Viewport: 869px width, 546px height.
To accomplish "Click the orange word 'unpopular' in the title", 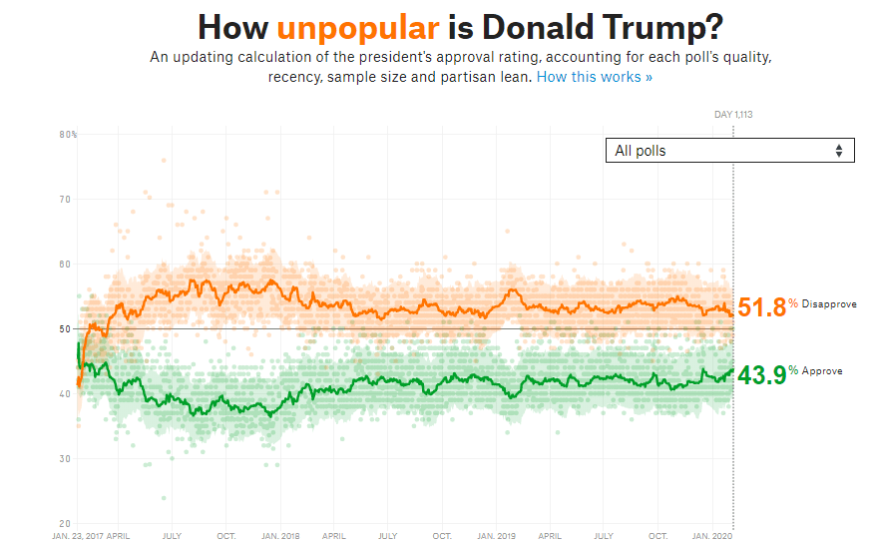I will point(357,27).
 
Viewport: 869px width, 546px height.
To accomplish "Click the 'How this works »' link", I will point(595,77).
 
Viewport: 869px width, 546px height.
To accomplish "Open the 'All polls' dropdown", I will point(729,151).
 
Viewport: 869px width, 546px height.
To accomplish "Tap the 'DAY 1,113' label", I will point(733,115).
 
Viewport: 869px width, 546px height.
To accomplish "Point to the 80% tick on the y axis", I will point(68,135).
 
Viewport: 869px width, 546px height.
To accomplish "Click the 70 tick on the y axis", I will point(66,200).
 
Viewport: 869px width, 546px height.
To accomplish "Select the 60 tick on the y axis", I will point(66,265).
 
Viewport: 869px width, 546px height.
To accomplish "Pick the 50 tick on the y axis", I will point(66,329).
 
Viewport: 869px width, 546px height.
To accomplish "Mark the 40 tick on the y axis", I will point(66,394).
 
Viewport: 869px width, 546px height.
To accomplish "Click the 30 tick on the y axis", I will point(66,459).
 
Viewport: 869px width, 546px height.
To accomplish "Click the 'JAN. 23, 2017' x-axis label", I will point(77,536).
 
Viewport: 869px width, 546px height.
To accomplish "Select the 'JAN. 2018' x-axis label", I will point(281,536).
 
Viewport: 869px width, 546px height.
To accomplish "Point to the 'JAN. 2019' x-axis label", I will point(498,536).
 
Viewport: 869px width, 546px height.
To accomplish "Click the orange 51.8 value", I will point(761,307).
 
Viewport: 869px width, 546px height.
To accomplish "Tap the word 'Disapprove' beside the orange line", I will point(828,303).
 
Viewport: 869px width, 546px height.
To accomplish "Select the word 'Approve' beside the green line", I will point(822,370).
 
